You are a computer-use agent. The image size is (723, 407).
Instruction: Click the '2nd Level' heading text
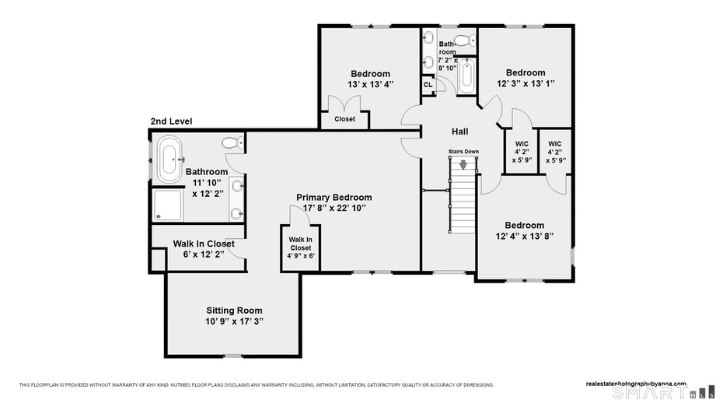point(171,121)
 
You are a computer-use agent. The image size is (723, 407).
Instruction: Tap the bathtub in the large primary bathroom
point(169,158)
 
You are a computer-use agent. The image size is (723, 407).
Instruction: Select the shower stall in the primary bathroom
point(168,205)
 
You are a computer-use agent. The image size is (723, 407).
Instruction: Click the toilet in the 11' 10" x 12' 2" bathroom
point(232,142)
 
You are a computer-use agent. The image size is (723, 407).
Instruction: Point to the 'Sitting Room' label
point(234,310)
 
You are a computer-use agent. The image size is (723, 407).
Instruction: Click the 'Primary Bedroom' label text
point(334,197)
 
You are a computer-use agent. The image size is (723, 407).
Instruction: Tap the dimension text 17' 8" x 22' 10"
point(334,208)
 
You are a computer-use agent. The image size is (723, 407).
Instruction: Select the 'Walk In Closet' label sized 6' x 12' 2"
point(204,244)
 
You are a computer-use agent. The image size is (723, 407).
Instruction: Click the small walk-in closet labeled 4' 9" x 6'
point(300,248)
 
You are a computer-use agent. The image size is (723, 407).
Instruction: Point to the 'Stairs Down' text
point(463,151)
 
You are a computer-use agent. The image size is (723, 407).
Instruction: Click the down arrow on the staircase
point(464,164)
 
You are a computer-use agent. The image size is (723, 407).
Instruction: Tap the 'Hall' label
point(459,132)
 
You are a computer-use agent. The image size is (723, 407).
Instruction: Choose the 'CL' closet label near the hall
point(428,85)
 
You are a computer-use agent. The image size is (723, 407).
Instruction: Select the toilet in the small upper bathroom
point(464,40)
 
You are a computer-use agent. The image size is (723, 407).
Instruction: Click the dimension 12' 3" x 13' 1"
point(526,83)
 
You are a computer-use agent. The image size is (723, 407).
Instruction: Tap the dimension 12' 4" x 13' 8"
point(525,236)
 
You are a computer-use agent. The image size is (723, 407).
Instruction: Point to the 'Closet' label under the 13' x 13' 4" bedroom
point(344,119)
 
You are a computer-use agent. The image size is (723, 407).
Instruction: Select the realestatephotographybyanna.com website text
point(636,383)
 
